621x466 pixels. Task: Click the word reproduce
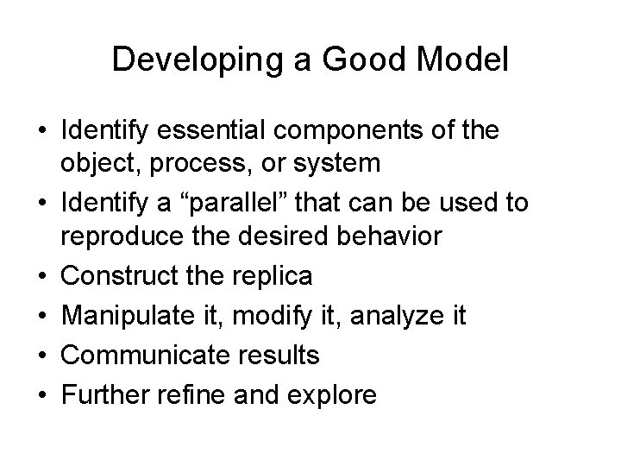tap(121, 235)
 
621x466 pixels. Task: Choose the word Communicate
tap(143, 356)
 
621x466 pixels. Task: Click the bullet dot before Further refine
tap(41, 394)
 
